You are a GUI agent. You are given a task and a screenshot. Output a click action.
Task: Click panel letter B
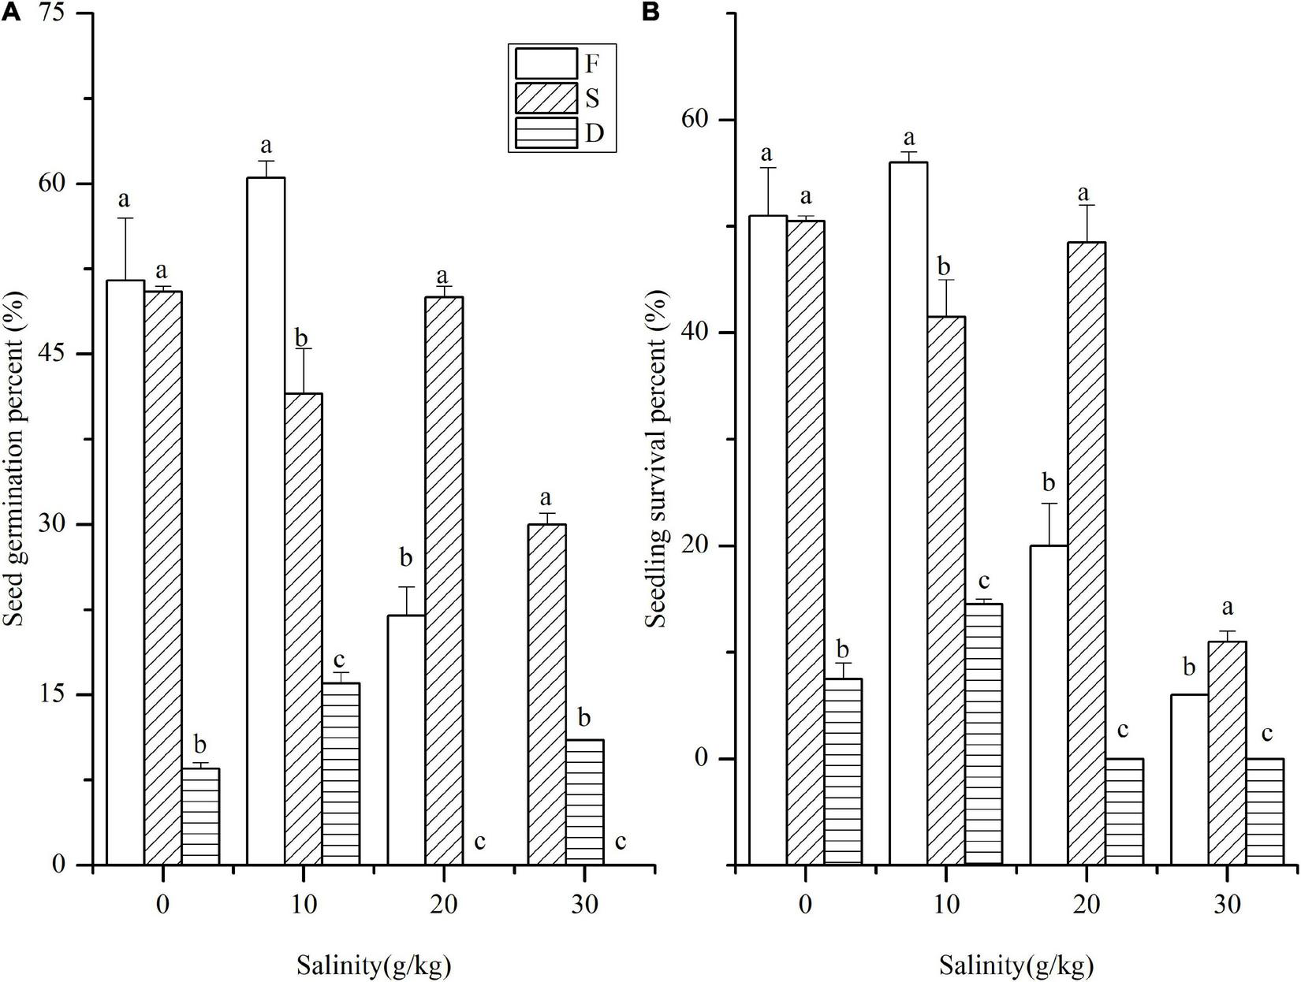[x=652, y=13]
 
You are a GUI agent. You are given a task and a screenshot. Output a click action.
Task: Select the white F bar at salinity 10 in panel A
[x=266, y=520]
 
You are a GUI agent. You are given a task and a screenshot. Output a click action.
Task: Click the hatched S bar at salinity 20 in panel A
[x=444, y=580]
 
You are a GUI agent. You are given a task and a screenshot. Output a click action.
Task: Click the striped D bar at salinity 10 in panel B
[x=983, y=733]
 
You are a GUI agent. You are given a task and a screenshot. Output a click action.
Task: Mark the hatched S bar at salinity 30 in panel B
[x=1227, y=753]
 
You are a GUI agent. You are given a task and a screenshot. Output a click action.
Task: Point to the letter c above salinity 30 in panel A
[x=621, y=842]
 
